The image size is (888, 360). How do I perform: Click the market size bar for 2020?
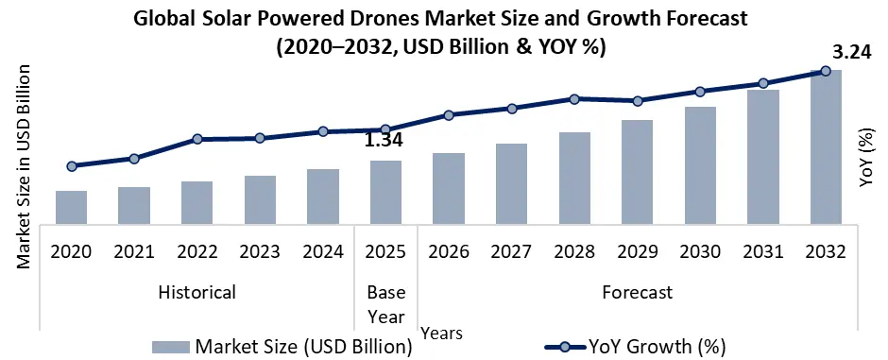[72, 208]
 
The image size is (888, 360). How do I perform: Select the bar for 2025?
[386, 193]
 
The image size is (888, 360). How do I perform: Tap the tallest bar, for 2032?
[826, 147]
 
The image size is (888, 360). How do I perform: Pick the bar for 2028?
[574, 179]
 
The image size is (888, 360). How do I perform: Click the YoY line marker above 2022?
[197, 139]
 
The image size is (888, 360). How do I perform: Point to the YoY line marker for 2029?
[638, 101]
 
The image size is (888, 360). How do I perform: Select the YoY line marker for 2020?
[72, 166]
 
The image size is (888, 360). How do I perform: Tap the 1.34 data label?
[384, 140]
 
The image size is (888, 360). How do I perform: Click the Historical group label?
[197, 292]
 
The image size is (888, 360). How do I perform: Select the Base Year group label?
[386, 304]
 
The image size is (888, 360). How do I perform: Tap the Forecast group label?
[638, 292]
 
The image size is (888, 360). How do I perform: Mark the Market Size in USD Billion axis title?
[23, 166]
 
